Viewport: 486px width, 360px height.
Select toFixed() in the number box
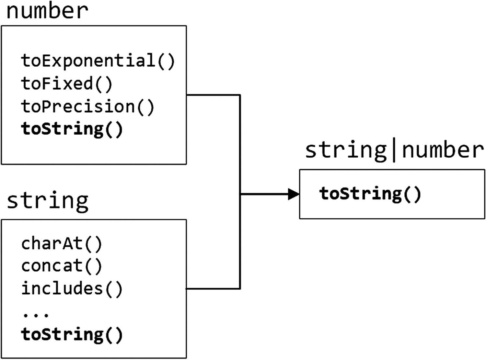[x=66, y=84]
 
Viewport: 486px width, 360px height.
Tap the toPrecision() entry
[x=87, y=107]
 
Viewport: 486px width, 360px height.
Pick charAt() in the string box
[x=62, y=243]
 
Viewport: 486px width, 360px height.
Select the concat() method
[x=62, y=266]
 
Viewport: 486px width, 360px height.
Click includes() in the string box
[x=72, y=288]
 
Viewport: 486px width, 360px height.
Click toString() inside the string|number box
[x=370, y=194]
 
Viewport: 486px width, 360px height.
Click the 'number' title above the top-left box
[x=47, y=11]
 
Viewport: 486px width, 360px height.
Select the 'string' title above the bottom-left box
[x=47, y=201]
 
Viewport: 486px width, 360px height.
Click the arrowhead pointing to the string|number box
[x=294, y=194]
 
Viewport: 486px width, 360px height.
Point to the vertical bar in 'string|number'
[x=394, y=151]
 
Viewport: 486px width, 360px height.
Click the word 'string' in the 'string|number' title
[x=346, y=151]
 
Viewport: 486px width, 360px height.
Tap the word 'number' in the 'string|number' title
[x=443, y=151]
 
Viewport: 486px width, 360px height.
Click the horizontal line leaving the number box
[x=213, y=95]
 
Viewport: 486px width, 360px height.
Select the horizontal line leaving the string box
[x=213, y=288]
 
